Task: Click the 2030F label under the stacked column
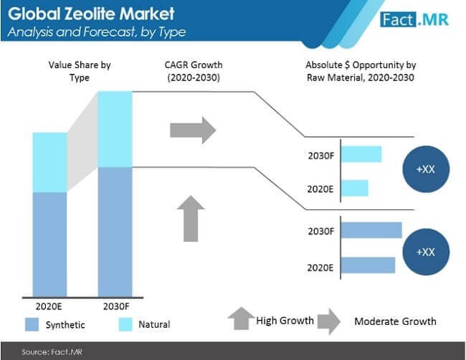coord(115,305)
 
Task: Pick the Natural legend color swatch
coord(128,324)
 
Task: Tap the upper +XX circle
coord(425,170)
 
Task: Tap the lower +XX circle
coord(425,252)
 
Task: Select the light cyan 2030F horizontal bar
coord(361,154)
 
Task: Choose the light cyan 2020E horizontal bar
coord(354,187)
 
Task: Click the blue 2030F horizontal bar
coord(371,230)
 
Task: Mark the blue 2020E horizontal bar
coord(368,265)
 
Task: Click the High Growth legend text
coord(285,321)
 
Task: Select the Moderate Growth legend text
coord(394,321)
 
